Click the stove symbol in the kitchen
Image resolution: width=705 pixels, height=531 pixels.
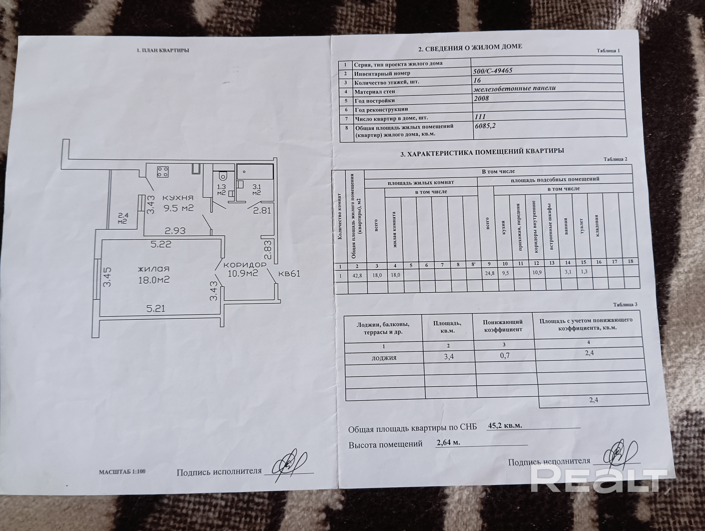point(163,172)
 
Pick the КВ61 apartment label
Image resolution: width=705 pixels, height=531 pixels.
point(289,273)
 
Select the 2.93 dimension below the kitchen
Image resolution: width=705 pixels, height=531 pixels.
point(175,230)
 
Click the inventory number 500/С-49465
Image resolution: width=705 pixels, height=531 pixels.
point(493,71)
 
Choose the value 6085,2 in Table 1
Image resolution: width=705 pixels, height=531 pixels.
point(485,126)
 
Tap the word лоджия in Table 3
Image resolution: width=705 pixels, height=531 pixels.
point(384,358)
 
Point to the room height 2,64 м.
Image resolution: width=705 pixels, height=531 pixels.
point(448,442)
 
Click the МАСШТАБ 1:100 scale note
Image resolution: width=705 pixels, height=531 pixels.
point(122,472)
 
